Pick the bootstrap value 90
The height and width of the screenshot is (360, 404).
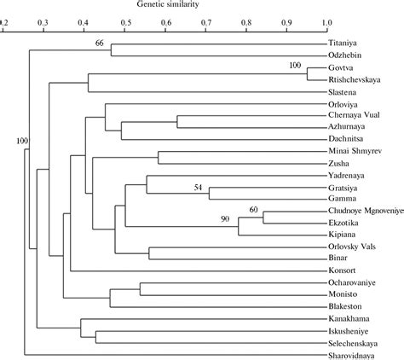226,219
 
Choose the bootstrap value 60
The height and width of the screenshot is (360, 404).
253,208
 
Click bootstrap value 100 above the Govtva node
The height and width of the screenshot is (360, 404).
296,66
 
